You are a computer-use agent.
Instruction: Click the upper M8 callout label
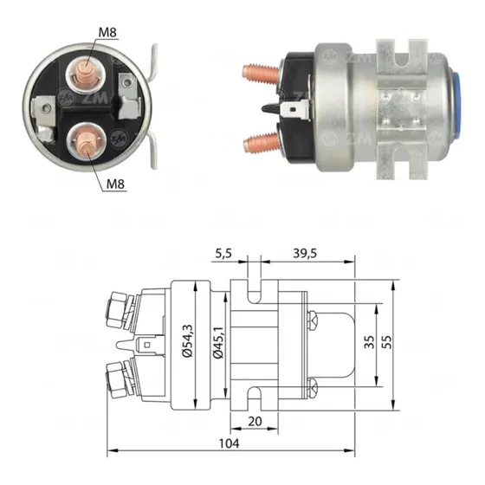click(107, 33)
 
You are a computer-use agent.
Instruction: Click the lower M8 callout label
click(115, 184)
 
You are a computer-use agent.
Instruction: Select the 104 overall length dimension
click(230, 443)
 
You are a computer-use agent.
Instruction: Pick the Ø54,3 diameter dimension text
click(187, 341)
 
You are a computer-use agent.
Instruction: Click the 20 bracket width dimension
click(255, 421)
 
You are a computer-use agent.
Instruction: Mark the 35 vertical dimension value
click(369, 342)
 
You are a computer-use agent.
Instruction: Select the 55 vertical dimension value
click(386, 342)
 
